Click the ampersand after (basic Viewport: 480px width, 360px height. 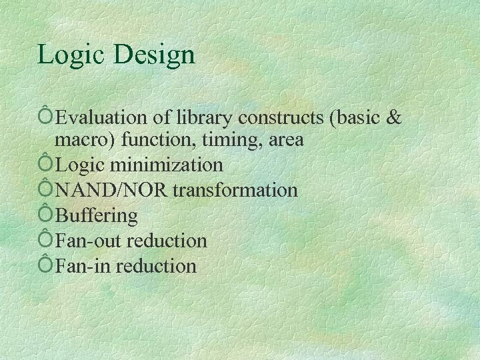[394, 117]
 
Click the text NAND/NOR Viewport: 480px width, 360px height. [112, 190]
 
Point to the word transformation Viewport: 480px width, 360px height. [235, 190]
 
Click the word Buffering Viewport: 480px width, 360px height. [97, 215]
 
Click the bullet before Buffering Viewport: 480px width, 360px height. [46, 215]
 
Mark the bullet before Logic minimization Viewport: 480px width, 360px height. [46, 164]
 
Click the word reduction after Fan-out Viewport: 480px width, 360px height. [166, 241]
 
